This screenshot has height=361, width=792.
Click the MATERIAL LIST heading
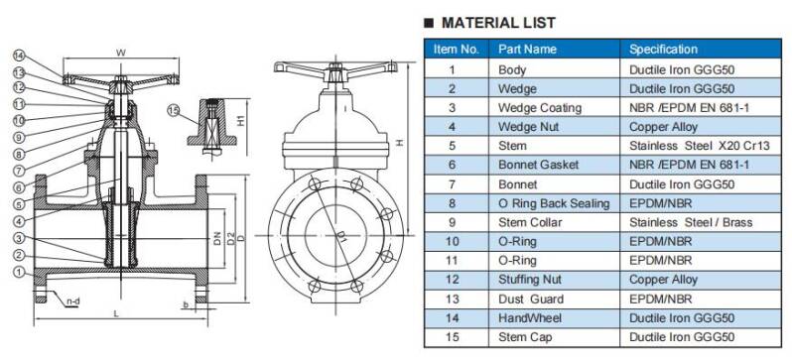pyautogui.click(x=498, y=23)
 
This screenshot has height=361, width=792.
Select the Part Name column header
pyautogui.click(x=527, y=49)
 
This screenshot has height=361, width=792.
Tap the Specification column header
pyautogui.click(x=663, y=49)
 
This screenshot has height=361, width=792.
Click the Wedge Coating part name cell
pyautogui.click(x=540, y=107)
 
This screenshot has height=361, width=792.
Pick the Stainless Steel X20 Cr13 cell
pyautogui.click(x=699, y=146)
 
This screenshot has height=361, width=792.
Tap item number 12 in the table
pyautogui.click(x=453, y=280)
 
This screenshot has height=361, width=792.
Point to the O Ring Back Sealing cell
pyautogui.click(x=554, y=203)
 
